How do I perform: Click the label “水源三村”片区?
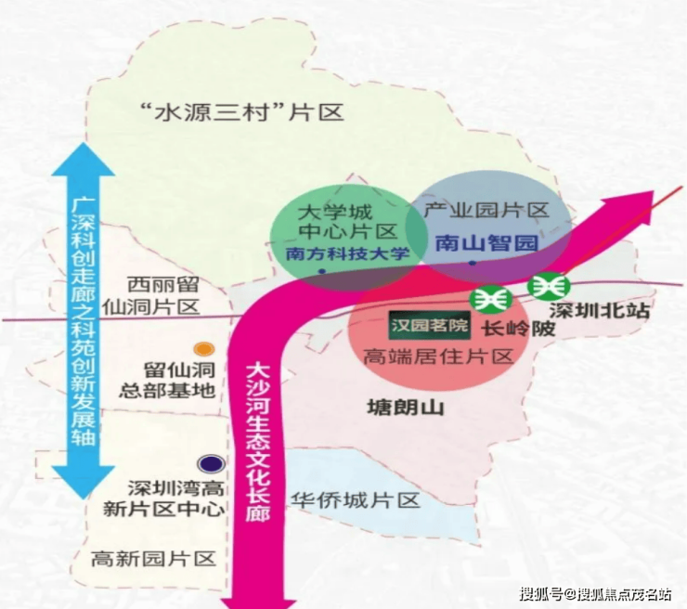(240, 112)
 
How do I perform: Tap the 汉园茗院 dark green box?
(429, 326)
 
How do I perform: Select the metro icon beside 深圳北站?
(549, 286)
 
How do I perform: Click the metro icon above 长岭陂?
(491, 300)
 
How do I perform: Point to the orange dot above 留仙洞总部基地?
(204, 349)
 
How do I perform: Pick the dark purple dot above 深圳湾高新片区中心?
(211, 464)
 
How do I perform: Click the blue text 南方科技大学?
(348, 253)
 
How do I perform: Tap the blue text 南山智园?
(486, 242)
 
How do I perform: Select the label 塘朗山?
(406, 407)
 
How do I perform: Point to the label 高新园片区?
(153, 559)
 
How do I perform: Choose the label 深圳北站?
(600, 311)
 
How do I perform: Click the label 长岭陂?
(518, 329)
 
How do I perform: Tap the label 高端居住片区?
(438, 357)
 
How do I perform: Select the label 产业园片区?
(486, 211)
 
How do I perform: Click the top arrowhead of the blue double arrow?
(84, 160)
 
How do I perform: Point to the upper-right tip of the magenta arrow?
(653, 191)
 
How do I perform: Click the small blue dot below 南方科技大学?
(322, 272)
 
